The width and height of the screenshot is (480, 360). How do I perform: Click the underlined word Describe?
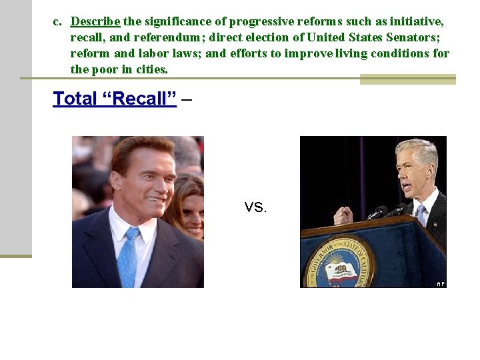[x=95, y=21]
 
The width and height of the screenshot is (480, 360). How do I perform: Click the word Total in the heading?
[x=75, y=99]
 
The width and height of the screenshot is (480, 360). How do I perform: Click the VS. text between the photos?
[x=255, y=207]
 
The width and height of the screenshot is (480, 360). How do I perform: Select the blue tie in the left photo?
[x=128, y=257]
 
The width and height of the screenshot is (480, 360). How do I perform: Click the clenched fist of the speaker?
[x=343, y=216]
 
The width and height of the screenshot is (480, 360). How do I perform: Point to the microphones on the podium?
[x=383, y=213]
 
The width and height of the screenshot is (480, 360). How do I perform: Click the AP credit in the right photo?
[x=440, y=283]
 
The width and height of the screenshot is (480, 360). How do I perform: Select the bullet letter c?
[x=57, y=21]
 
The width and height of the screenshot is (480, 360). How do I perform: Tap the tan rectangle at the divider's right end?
[x=407, y=79]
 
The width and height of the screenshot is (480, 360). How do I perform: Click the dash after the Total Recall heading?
[x=187, y=99]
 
